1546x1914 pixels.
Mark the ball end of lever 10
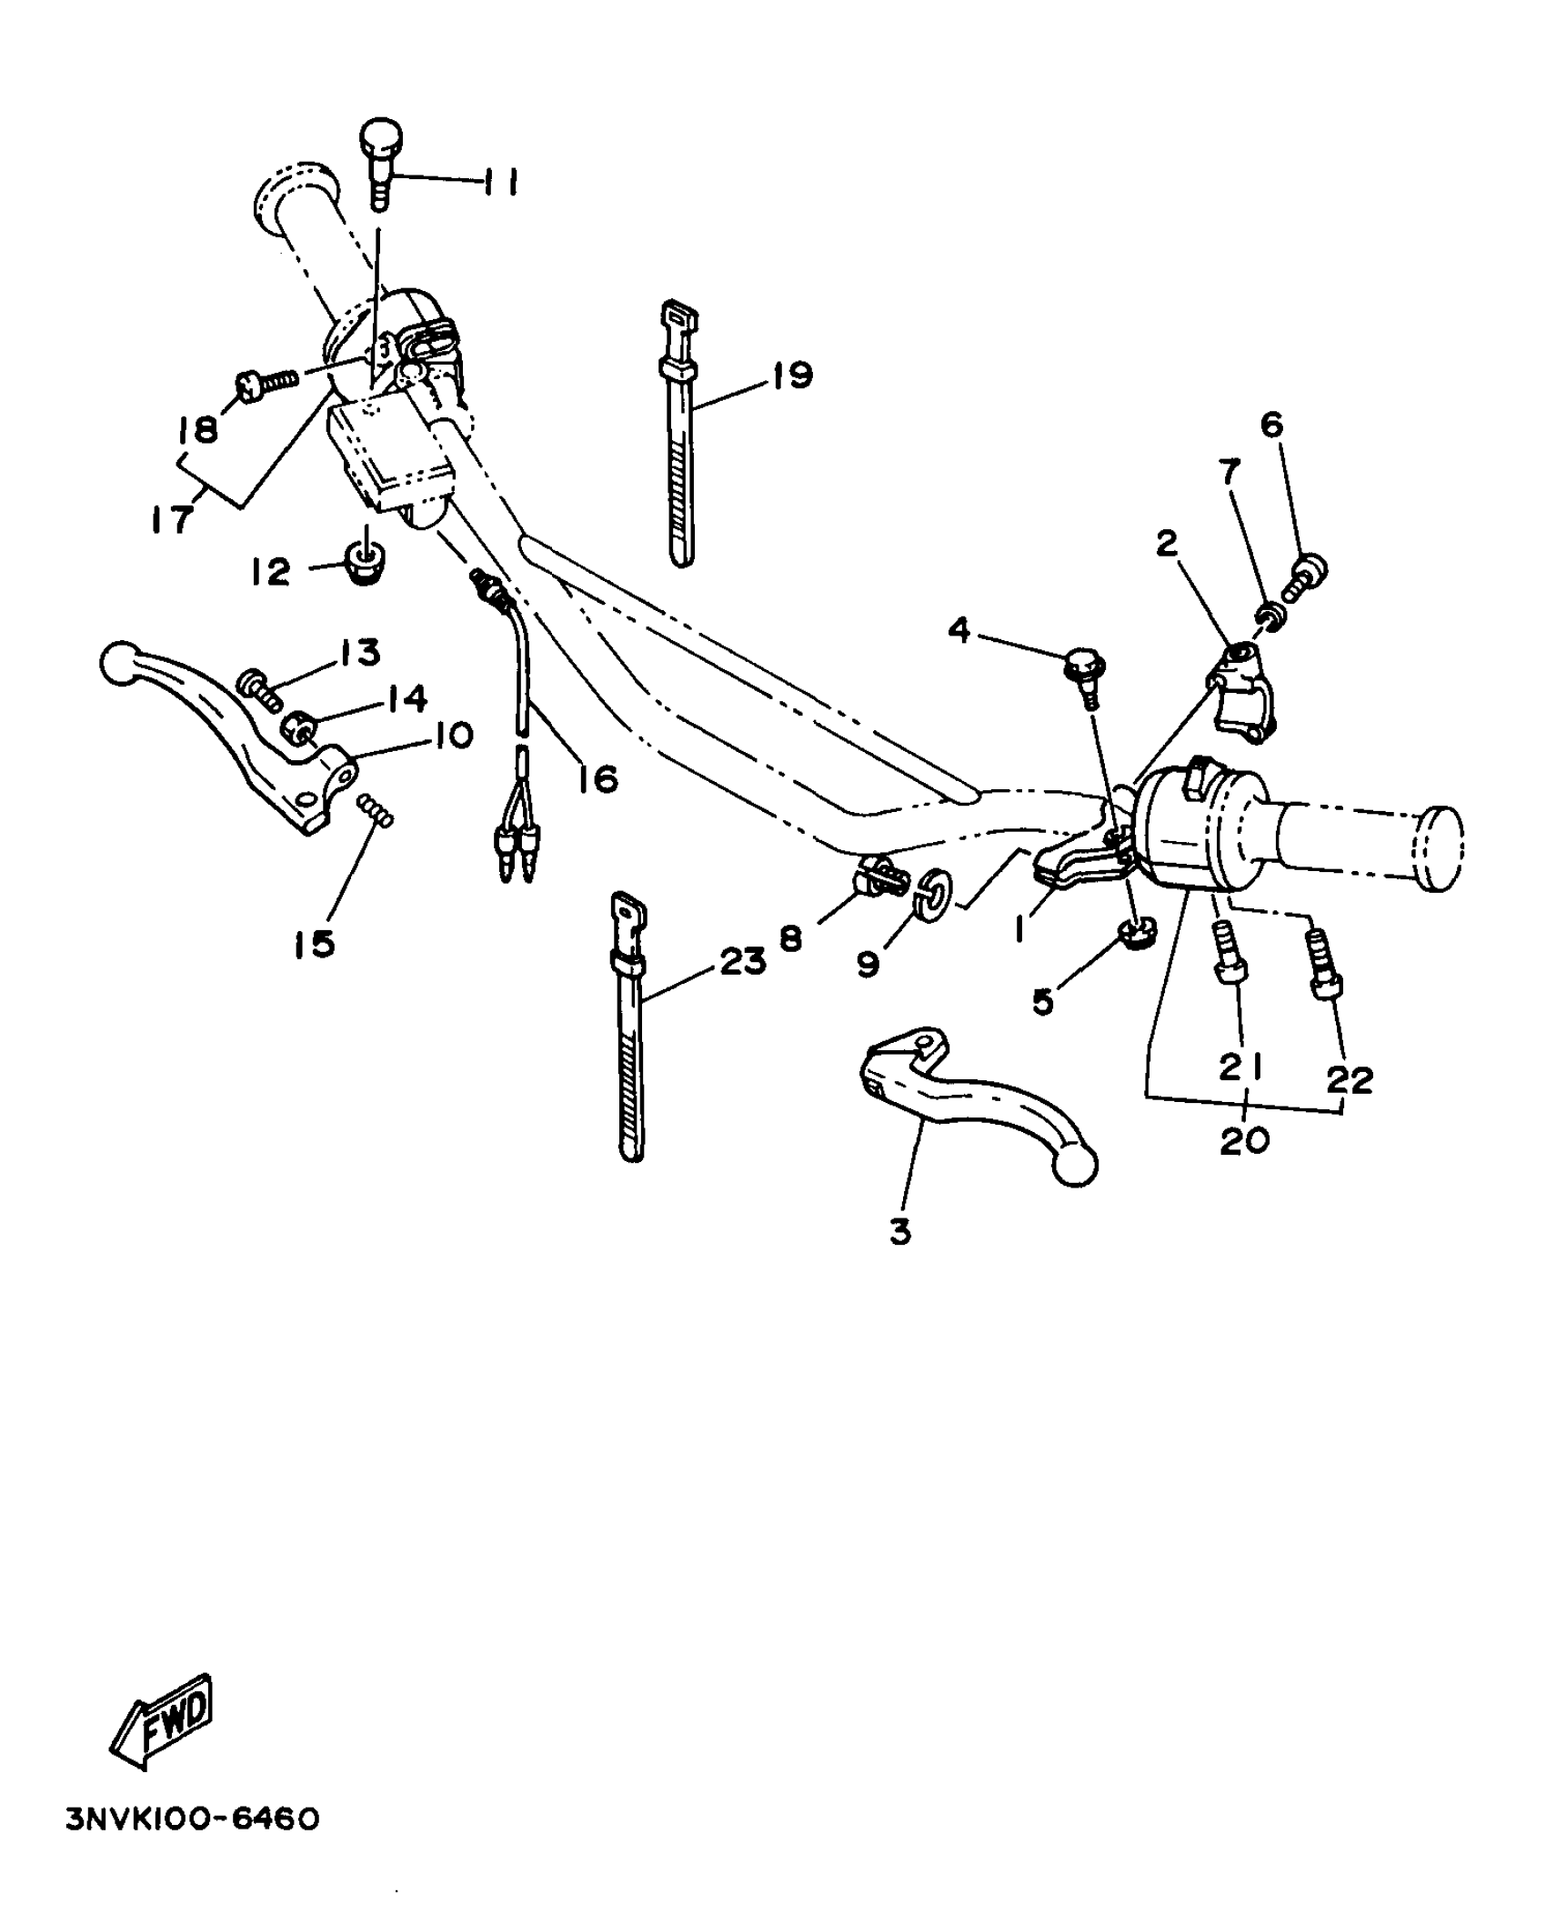point(117,663)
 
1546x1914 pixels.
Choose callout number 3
point(899,1232)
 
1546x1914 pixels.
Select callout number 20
point(1244,1139)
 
